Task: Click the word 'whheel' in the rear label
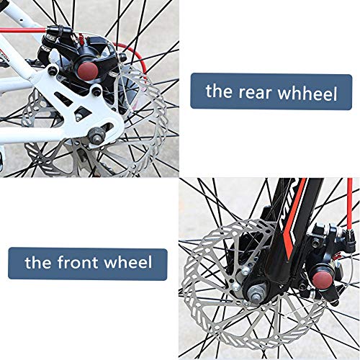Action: (308, 94)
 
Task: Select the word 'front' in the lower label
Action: (78, 261)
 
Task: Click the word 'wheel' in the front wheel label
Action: (128, 262)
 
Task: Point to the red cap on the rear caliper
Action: (88, 70)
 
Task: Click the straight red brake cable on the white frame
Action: (23, 30)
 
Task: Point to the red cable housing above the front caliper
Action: (350, 204)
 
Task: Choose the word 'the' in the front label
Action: (38, 261)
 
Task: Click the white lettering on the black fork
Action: (287, 209)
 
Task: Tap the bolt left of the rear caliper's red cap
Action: (53, 71)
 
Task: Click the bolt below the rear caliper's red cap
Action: (96, 91)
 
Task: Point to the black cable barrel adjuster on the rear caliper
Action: (55, 30)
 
